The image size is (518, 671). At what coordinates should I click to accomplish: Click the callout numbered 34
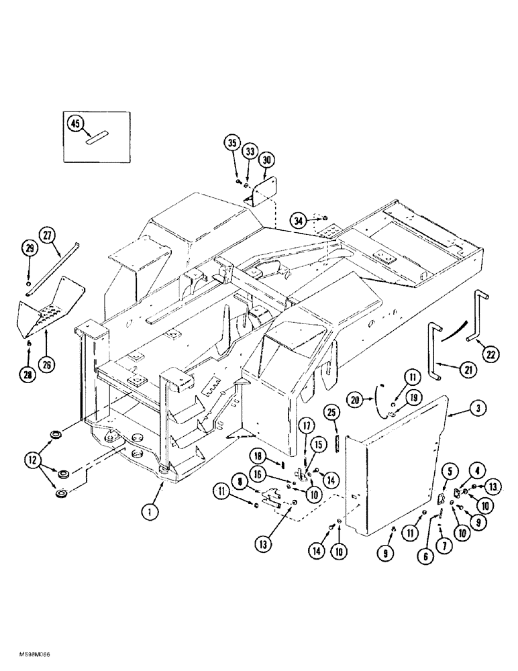(299, 219)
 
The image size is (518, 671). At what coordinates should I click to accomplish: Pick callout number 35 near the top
(232, 144)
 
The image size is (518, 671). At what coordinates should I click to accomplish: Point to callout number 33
(250, 152)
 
